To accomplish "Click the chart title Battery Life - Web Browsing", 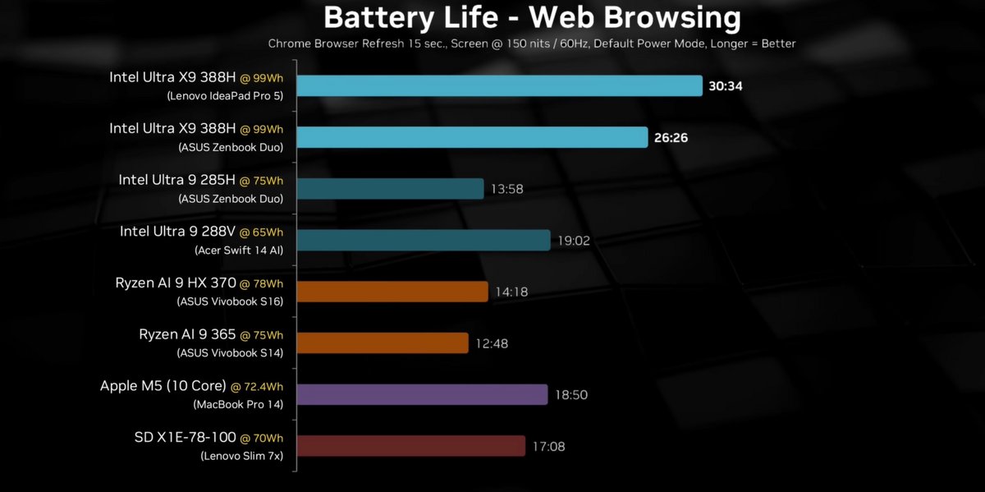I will click(532, 17).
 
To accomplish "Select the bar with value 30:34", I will click(499, 86).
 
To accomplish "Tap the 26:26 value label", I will click(671, 138).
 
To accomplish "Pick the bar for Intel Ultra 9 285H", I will click(390, 189).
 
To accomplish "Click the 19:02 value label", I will click(574, 241).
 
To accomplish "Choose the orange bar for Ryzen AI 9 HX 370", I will click(392, 292).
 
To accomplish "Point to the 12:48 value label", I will click(492, 343).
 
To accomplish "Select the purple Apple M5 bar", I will click(422, 394).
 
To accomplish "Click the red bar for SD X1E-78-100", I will click(410, 446).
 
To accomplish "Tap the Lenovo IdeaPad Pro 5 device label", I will click(225, 95).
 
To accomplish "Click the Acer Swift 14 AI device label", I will click(239, 250).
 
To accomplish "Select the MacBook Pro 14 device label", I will click(238, 404).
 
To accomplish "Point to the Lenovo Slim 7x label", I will click(241, 456).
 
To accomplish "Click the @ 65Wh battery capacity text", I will click(261, 232).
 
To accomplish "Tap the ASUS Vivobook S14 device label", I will click(230, 352).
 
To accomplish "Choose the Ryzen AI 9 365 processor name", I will click(187, 334).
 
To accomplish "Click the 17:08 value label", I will click(548, 447).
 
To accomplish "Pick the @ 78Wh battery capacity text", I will click(261, 283).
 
